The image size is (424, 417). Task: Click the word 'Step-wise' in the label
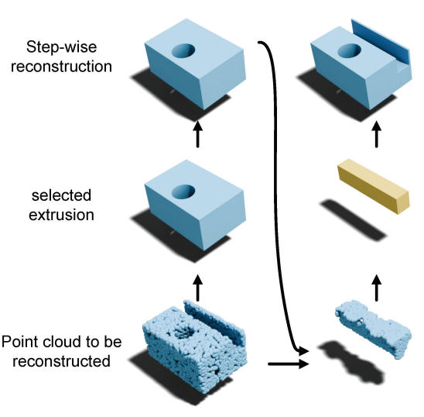tap(61, 47)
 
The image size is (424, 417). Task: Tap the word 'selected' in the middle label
tap(61, 195)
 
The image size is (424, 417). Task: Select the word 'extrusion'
tap(61, 215)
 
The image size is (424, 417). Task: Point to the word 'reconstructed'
tap(61, 361)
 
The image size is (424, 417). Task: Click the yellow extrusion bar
tap(374, 186)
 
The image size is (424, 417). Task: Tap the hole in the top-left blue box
tap(183, 50)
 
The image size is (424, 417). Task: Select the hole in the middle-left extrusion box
tap(183, 191)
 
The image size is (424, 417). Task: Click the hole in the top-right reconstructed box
tap(350, 50)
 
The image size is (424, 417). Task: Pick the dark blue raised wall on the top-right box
tap(381, 43)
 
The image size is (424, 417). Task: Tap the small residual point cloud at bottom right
tap(374, 329)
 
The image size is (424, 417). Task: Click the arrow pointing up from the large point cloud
tap(197, 288)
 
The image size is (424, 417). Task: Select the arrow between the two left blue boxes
tap(197, 134)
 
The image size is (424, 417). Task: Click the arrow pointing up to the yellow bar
tap(376, 288)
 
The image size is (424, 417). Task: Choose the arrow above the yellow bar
tap(376, 134)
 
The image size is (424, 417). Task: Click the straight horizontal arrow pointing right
tap(289, 364)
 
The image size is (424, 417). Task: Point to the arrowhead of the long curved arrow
tap(303, 351)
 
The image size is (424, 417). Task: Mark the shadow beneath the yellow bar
tap(353, 220)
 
